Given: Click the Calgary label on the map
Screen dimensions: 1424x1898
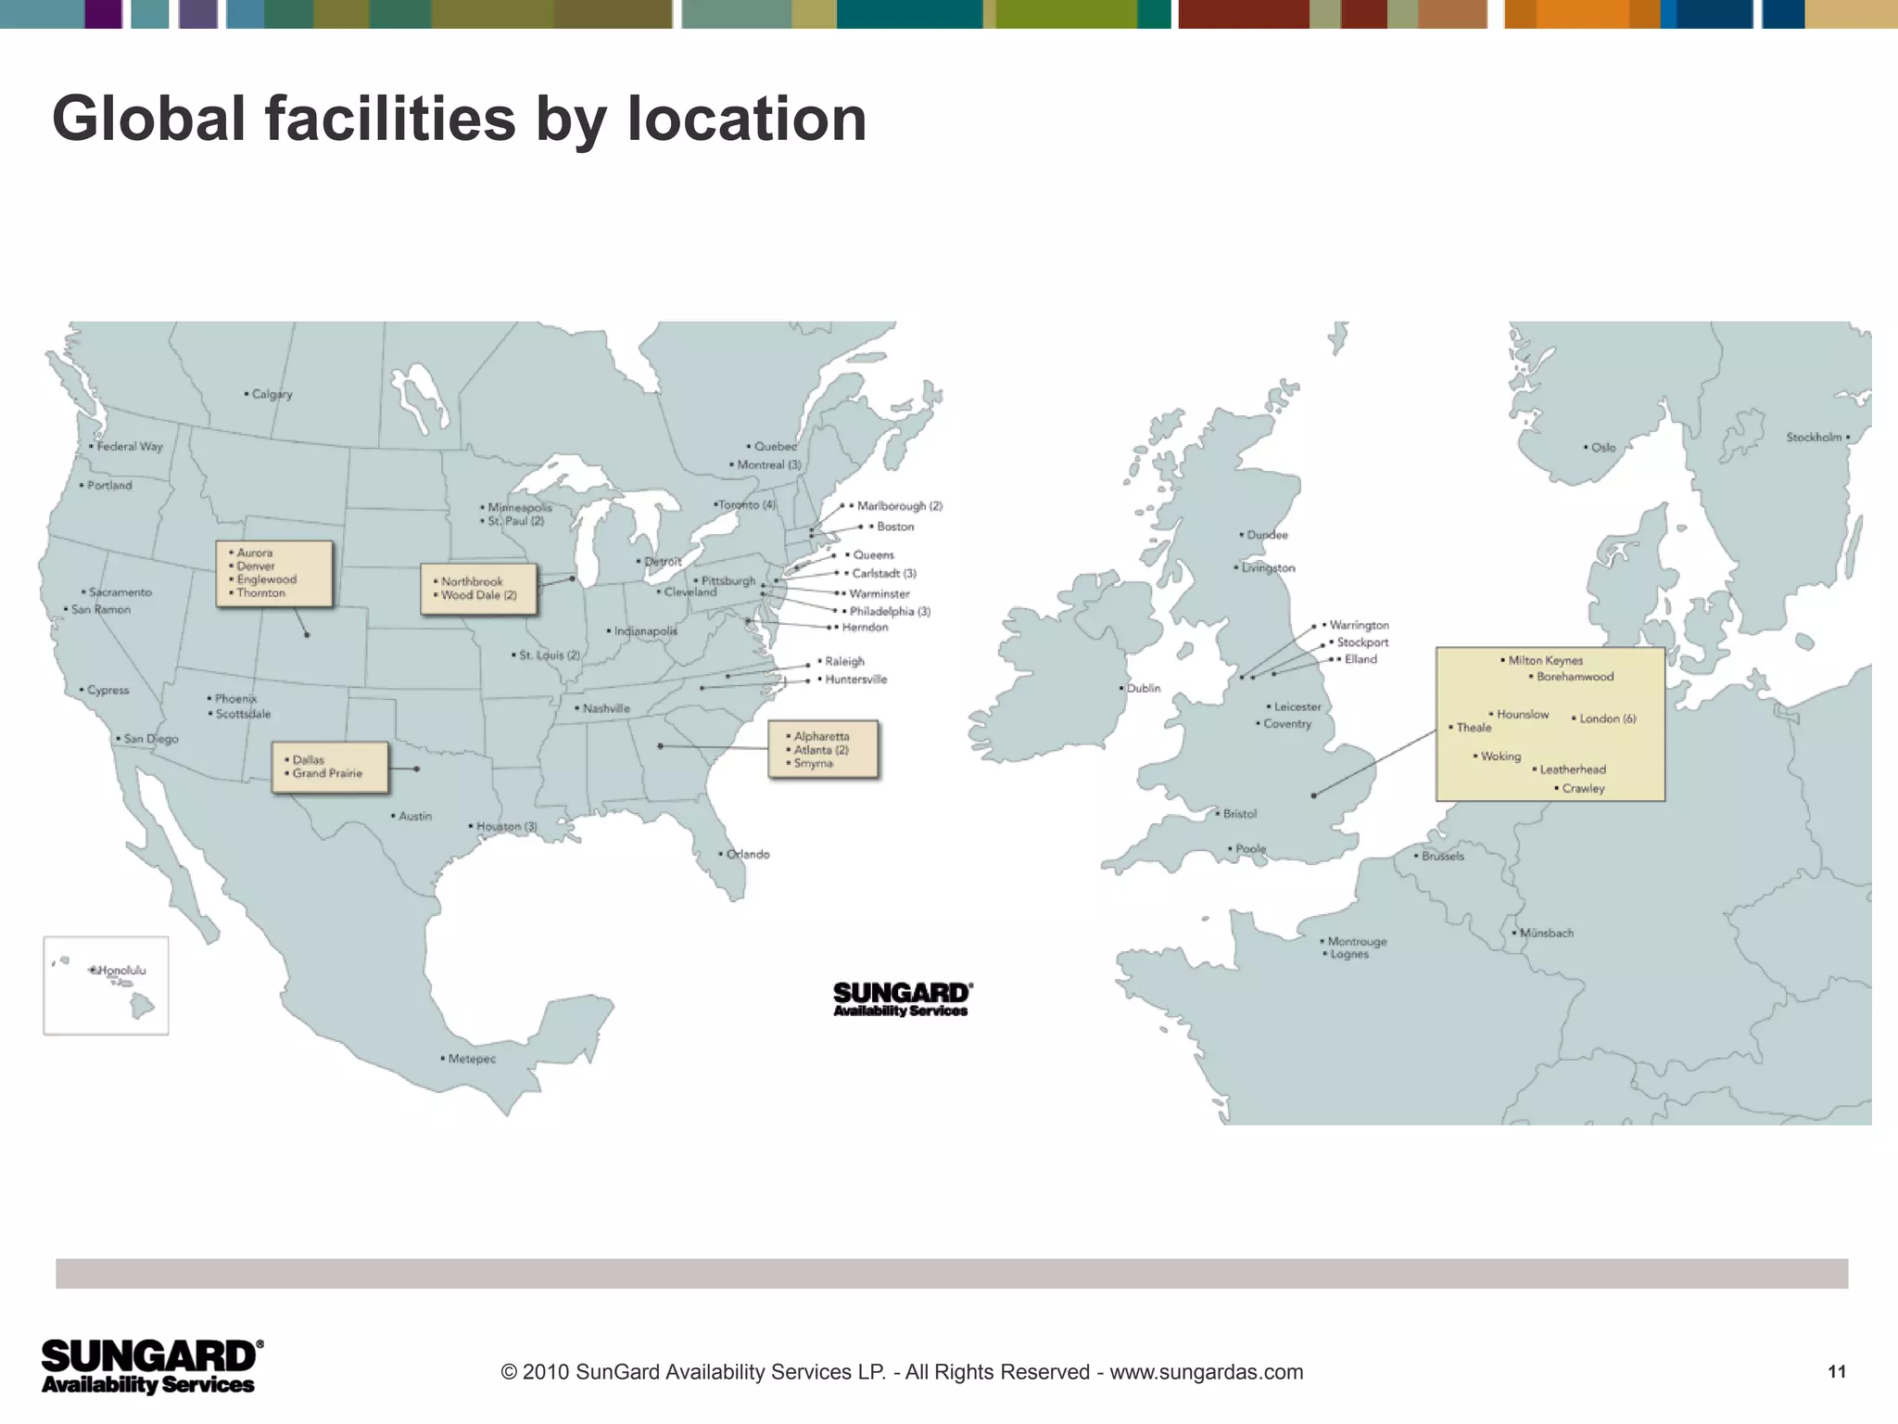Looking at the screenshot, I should [272, 394].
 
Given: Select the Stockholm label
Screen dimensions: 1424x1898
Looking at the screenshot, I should [1814, 437].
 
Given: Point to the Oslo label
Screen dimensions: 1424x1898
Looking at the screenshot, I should [1602, 447].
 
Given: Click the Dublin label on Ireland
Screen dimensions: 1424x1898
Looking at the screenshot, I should [1144, 688].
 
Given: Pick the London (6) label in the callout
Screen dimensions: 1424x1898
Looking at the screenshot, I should [1608, 718].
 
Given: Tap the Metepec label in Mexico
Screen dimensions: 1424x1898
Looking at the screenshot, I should [472, 1058].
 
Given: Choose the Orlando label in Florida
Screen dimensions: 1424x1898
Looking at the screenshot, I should [747, 854].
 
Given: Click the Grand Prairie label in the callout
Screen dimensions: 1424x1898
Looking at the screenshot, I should [327, 773].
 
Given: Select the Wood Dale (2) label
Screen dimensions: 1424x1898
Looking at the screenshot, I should [478, 595].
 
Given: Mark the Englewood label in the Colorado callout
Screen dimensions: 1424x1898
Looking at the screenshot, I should [266, 579].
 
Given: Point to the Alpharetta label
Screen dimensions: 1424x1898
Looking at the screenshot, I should [821, 736].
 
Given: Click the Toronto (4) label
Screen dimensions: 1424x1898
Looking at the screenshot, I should [747, 504].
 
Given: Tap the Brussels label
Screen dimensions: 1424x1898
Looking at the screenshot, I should [1443, 856].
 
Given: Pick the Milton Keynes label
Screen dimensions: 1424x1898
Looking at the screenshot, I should [1545, 660].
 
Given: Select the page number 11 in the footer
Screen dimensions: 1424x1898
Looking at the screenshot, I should [1837, 1371].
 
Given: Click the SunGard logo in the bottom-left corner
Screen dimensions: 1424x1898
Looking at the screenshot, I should [151, 1366].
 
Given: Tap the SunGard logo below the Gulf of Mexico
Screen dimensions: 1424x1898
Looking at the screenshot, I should [902, 998].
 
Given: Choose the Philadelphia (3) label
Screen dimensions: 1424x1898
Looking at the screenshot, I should [890, 611].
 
